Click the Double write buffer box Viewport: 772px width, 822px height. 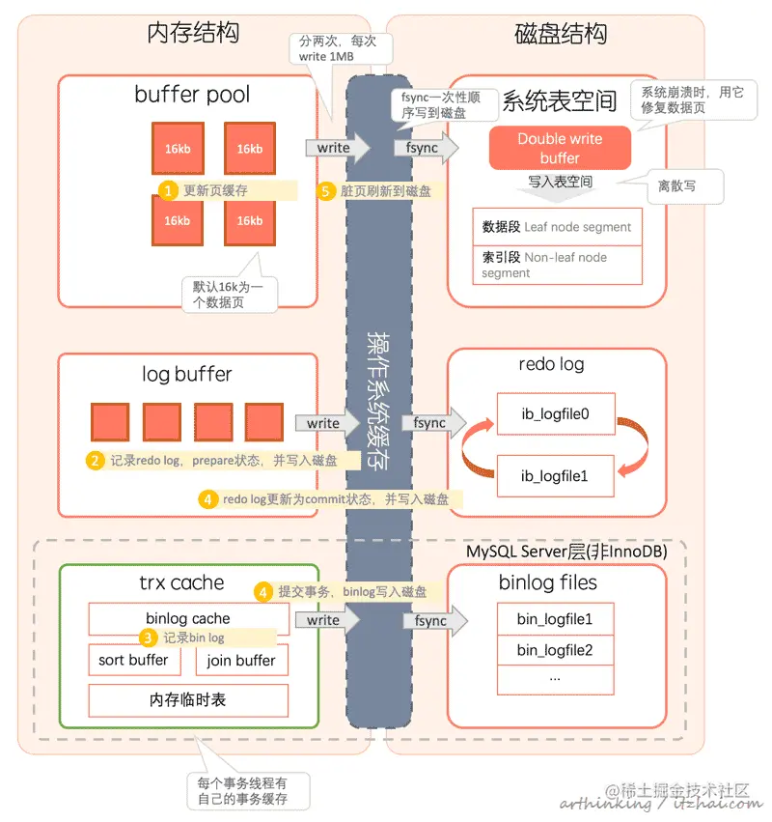tap(560, 148)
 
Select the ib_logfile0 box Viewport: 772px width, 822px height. tap(556, 413)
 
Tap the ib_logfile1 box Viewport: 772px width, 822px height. tap(555, 476)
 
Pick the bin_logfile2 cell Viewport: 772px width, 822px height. tap(555, 651)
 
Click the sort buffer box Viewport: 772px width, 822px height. tap(134, 660)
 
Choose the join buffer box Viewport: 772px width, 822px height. tap(241, 661)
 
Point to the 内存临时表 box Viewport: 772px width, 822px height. tap(188, 700)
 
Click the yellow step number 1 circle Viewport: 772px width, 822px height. tap(168, 190)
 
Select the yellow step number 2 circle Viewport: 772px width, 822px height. tap(95, 461)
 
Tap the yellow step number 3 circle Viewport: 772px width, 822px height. tap(148, 638)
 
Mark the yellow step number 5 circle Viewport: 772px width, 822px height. tap(325, 191)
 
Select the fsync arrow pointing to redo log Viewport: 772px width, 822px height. tap(433, 422)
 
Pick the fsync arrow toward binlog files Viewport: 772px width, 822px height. tap(435, 621)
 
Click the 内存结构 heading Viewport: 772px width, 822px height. tap(193, 33)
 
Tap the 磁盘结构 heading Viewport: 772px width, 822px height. tap(561, 34)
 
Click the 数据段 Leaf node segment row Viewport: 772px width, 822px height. tap(557, 227)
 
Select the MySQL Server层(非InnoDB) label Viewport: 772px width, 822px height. tap(566, 552)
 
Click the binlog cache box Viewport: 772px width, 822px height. tap(188, 618)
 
